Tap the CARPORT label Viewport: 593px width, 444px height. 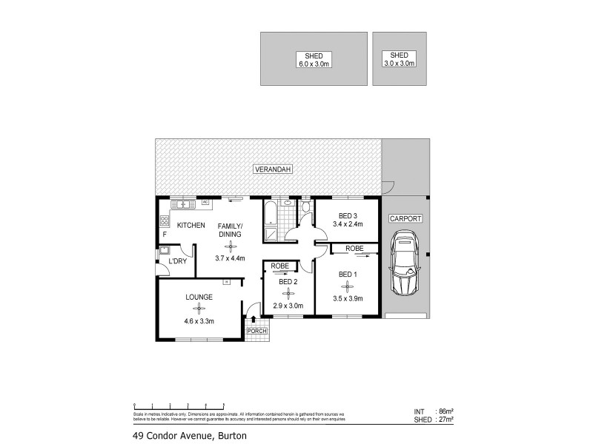pos(405,219)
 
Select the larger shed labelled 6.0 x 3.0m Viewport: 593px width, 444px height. pos(314,59)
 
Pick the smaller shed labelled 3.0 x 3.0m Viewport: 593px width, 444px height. pos(399,59)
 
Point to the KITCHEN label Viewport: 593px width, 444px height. pos(191,225)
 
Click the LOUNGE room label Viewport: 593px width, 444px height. pos(200,297)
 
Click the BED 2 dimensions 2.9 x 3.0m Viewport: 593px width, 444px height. pos(288,305)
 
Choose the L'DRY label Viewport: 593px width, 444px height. pos(177,261)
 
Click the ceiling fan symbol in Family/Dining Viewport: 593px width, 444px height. pos(230,246)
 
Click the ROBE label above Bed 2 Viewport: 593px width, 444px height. pos(279,265)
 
